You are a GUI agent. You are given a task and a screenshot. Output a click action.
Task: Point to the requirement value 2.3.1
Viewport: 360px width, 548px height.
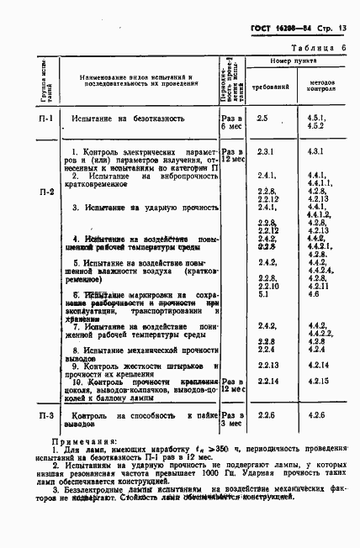[x=267, y=150]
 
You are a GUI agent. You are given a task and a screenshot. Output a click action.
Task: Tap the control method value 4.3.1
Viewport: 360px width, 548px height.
[x=317, y=150]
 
